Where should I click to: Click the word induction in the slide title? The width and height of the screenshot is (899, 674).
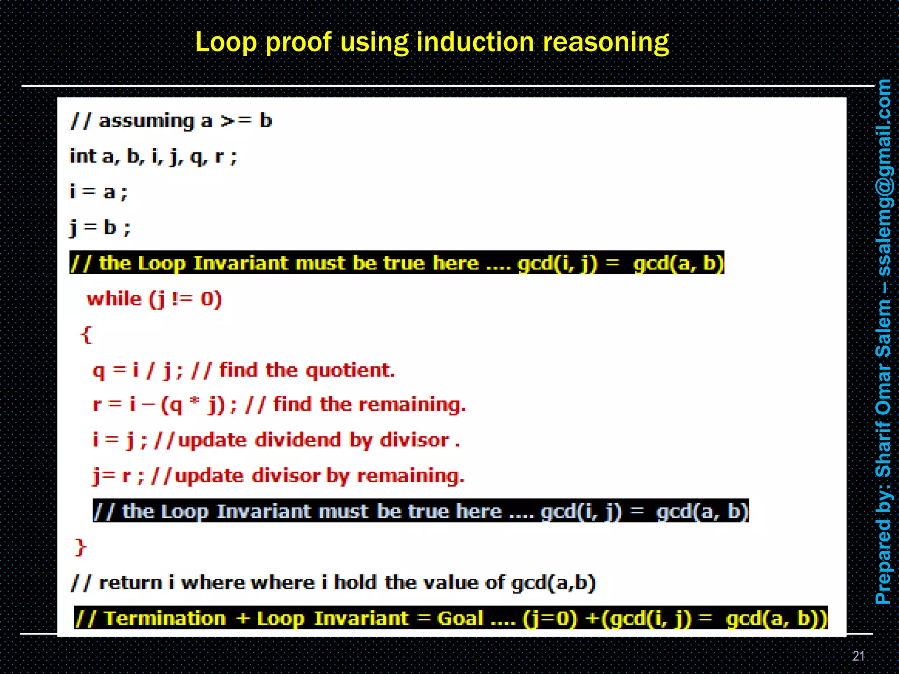click(475, 43)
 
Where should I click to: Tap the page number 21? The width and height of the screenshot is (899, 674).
click(858, 656)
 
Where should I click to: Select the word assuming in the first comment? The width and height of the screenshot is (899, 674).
click(146, 121)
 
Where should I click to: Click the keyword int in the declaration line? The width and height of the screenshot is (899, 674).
click(83, 156)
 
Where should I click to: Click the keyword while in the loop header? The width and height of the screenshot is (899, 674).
click(114, 299)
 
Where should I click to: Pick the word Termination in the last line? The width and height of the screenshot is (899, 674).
click(165, 618)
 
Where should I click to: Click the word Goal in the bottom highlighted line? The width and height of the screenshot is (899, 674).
click(460, 618)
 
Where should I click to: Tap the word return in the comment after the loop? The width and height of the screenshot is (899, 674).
click(130, 583)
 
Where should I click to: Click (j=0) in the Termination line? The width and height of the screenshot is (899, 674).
click(550, 618)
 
